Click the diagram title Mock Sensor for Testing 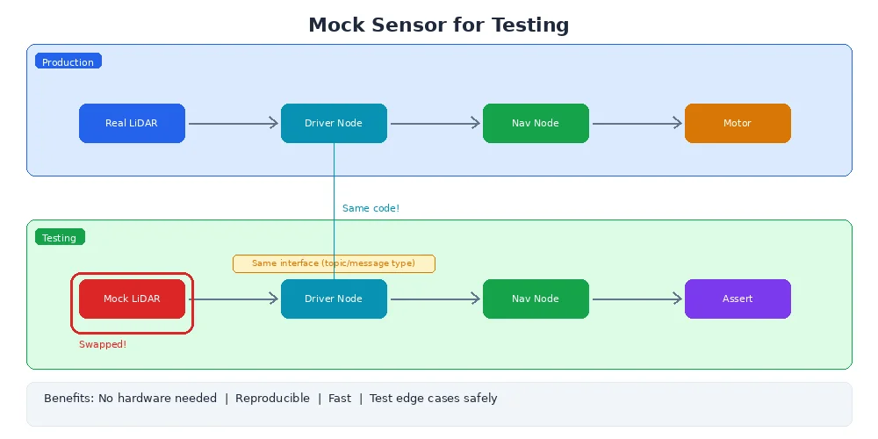(x=438, y=25)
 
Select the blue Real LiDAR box (x=132, y=123)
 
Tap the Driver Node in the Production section (x=334, y=123)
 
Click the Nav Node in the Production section (x=536, y=123)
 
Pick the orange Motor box (x=738, y=123)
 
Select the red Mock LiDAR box (x=132, y=299)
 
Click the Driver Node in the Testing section (x=334, y=299)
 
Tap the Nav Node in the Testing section (x=536, y=299)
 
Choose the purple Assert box (x=738, y=299)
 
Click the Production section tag (x=68, y=62)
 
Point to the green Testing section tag (x=60, y=238)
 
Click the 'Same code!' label (x=371, y=208)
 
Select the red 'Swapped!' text (x=103, y=344)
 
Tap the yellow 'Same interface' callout (x=334, y=263)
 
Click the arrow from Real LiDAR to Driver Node (x=233, y=124)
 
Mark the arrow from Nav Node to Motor (x=637, y=124)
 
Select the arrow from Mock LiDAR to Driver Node (x=233, y=299)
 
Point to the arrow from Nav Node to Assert (x=637, y=299)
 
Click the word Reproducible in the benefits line (x=272, y=399)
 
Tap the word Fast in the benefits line (x=340, y=399)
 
